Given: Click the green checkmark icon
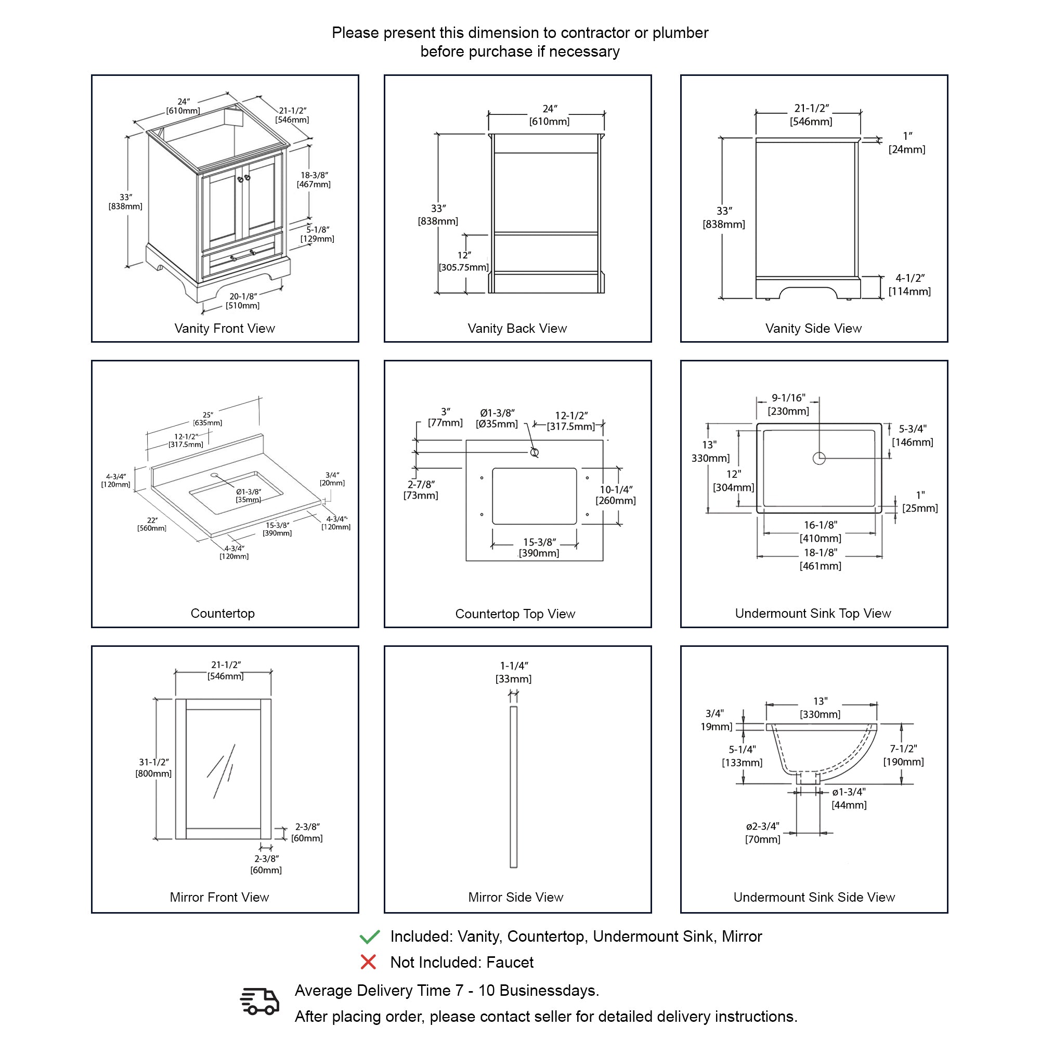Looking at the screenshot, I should pyautogui.click(x=370, y=937).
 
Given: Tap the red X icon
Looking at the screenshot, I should pyautogui.click(x=368, y=962).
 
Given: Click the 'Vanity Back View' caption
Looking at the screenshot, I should pyautogui.click(x=517, y=328).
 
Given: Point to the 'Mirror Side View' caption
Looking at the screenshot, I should pyautogui.click(x=515, y=898).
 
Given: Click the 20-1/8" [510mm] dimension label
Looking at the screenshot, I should pyautogui.click(x=242, y=301).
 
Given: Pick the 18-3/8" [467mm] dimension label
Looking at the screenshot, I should pyautogui.click(x=314, y=180).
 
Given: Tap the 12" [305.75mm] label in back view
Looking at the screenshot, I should pyautogui.click(x=463, y=262).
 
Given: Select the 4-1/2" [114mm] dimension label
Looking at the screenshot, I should pyautogui.click(x=909, y=285).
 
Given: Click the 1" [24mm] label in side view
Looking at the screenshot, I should pyautogui.click(x=907, y=142).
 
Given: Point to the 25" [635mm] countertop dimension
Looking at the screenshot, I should pyautogui.click(x=208, y=419).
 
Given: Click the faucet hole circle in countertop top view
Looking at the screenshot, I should pyautogui.click(x=535, y=453).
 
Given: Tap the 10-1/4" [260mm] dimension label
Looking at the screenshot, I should pyautogui.click(x=616, y=495).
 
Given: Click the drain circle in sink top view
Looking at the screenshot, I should pyautogui.click(x=819, y=458).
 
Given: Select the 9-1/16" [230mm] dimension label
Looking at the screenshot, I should pyautogui.click(x=788, y=404).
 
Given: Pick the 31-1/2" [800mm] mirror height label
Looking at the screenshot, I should pyautogui.click(x=153, y=768).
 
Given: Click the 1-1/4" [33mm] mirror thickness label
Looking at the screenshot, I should pyautogui.click(x=514, y=672).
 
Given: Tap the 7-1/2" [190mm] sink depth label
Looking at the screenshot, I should pyautogui.click(x=903, y=755).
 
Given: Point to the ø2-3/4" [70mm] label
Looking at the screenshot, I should pyautogui.click(x=762, y=833).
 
